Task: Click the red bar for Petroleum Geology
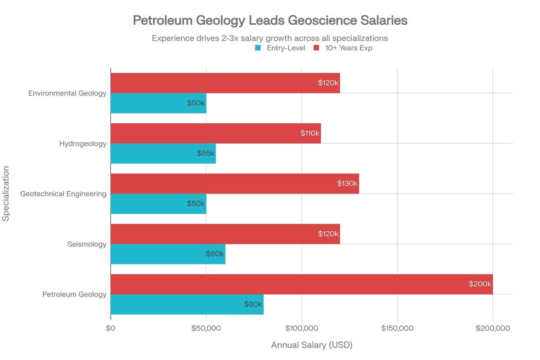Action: point(301,284)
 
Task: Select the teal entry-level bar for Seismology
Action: point(167,254)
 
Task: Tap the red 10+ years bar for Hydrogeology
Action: point(216,134)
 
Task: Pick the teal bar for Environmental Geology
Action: point(158,103)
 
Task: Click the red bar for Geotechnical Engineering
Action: point(234,184)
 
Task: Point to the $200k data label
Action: point(480,284)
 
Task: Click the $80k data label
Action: point(253,304)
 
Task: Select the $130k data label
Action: point(347,184)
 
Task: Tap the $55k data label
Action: point(206,153)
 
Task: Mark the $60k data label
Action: point(215,254)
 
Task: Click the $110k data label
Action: point(310,134)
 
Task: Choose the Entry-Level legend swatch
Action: point(258,48)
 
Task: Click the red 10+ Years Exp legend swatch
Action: point(316,48)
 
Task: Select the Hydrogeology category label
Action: point(83,144)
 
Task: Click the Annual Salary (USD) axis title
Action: point(311,345)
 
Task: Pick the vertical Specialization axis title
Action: point(6,193)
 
